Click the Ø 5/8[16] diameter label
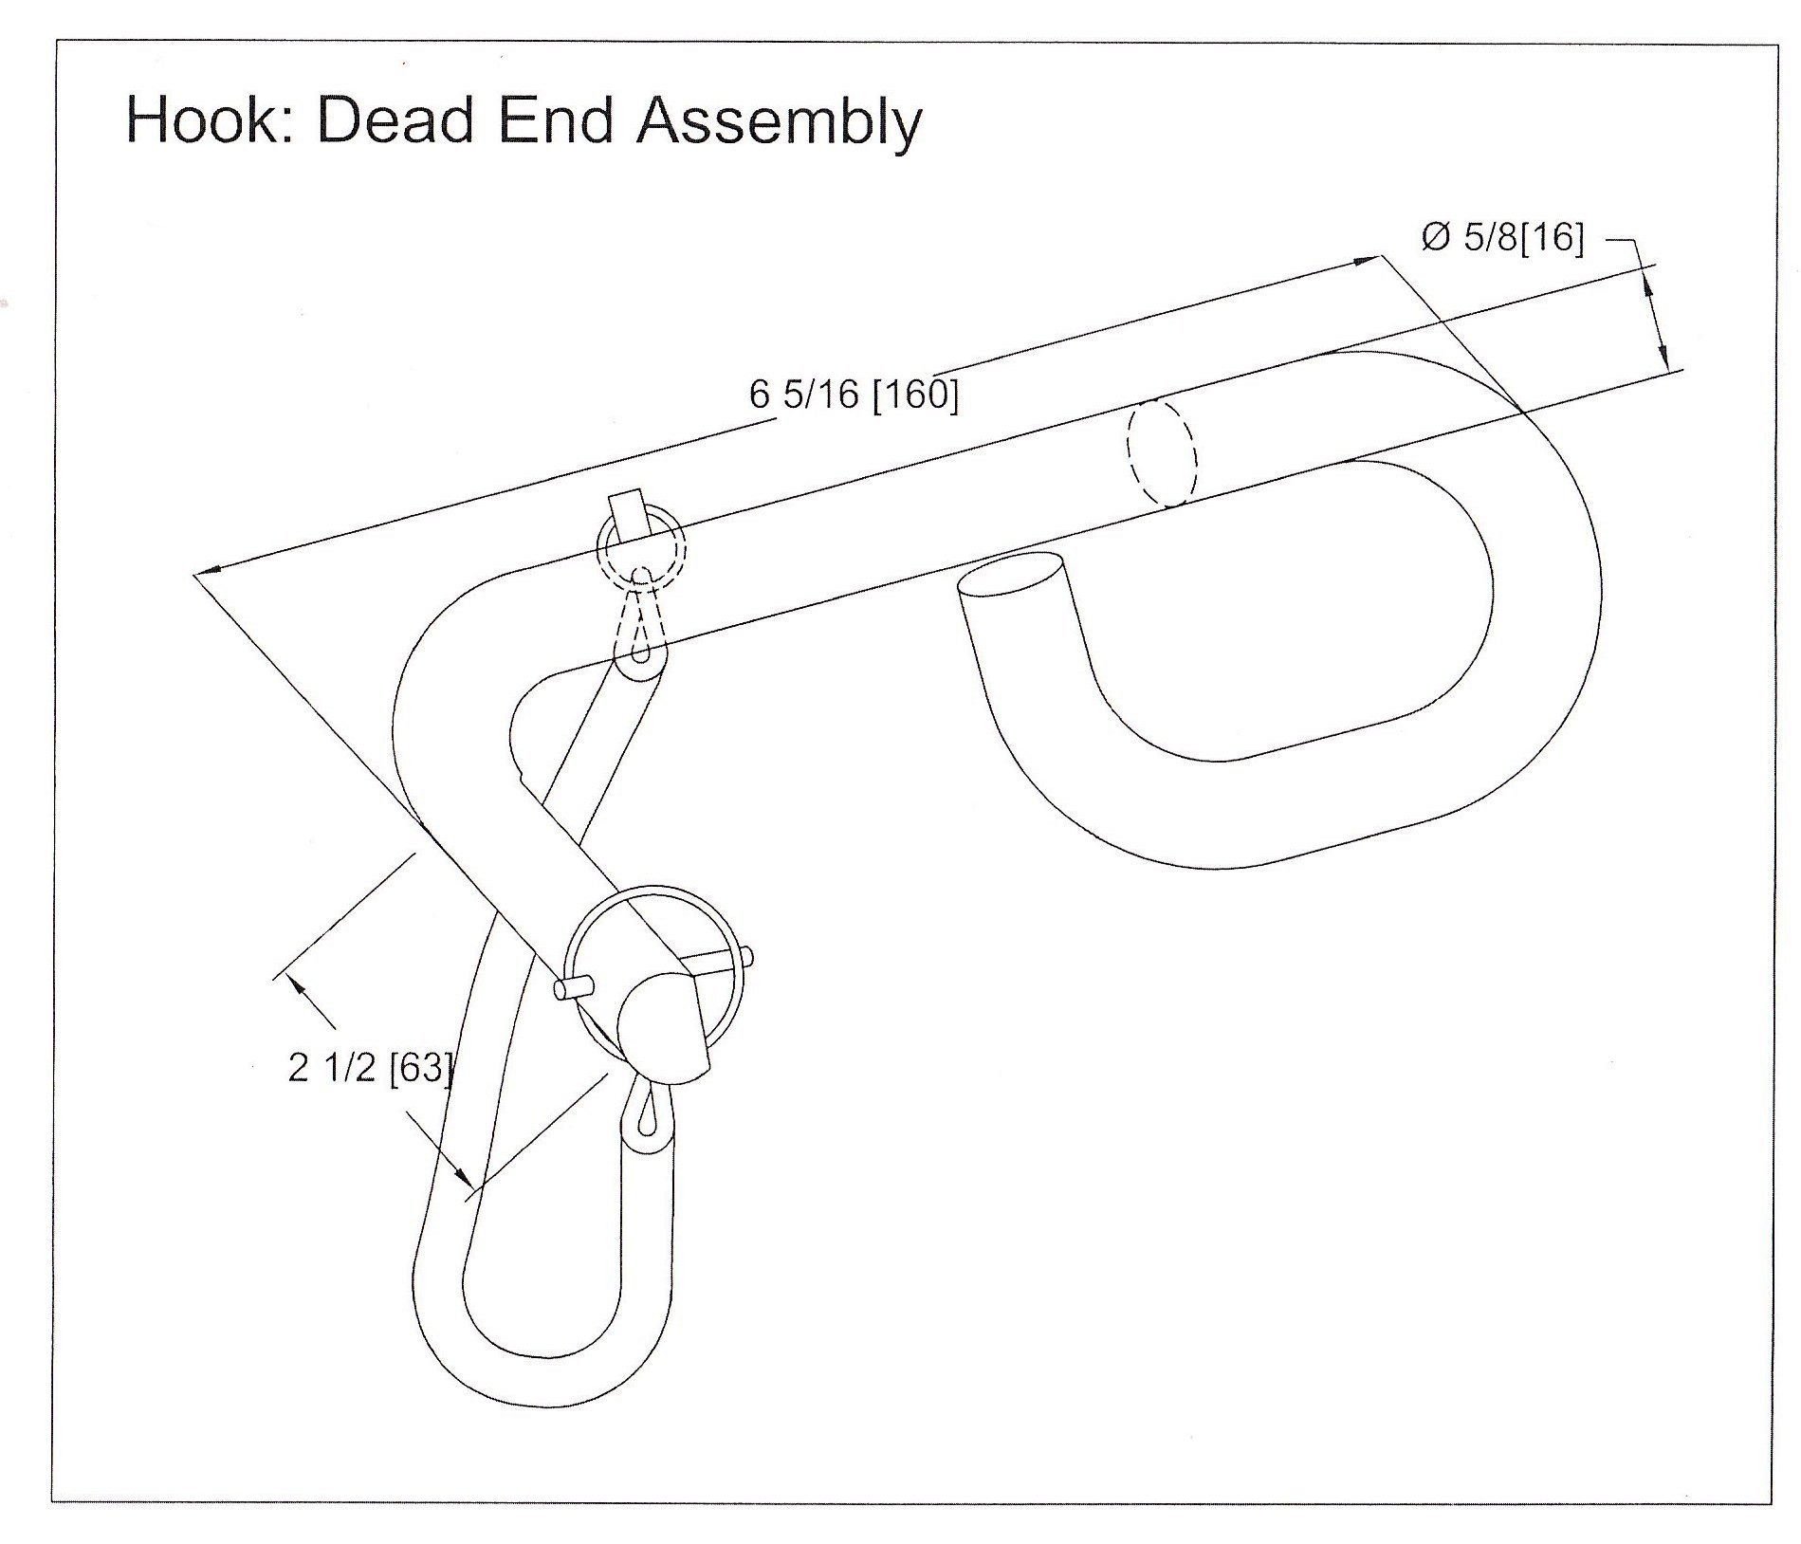(1502, 237)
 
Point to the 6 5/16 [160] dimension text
(854, 394)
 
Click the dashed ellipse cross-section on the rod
(1161, 451)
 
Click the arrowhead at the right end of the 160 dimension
(1370, 260)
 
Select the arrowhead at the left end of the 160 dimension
(208, 570)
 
